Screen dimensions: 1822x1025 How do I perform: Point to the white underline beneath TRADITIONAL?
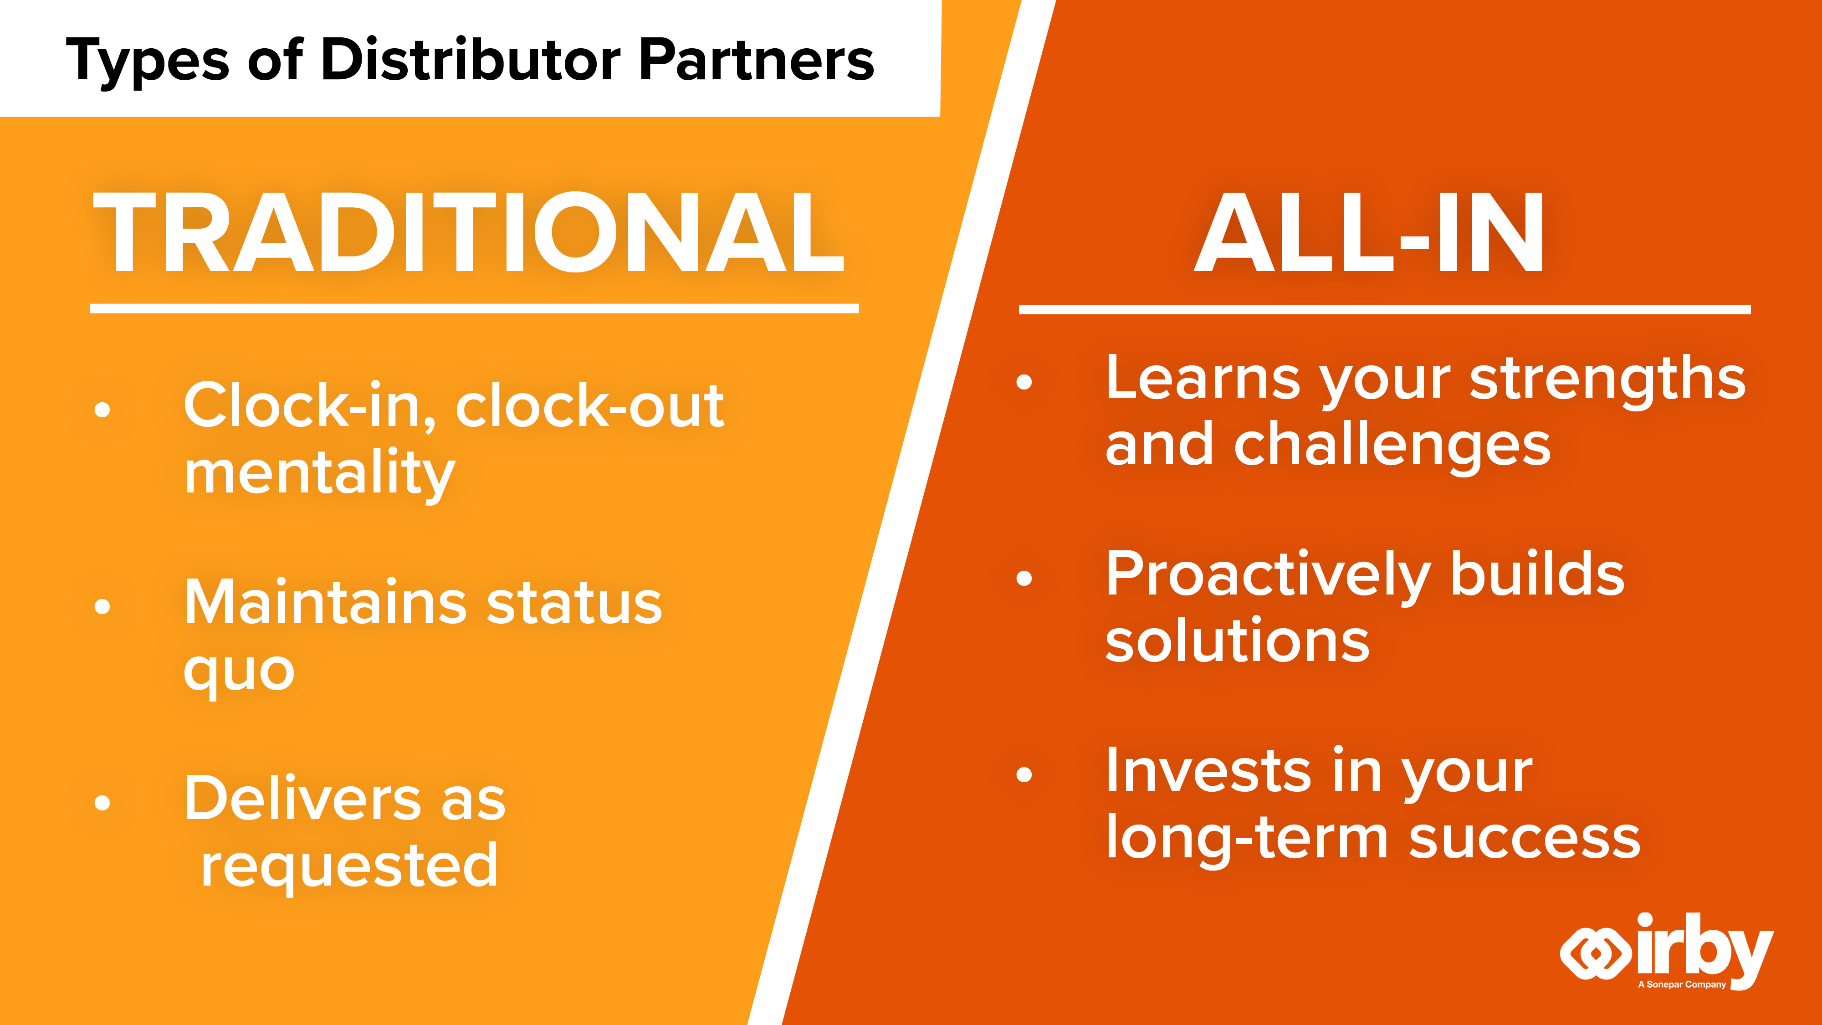coord(474,308)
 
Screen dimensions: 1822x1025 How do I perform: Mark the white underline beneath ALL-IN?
coord(1384,310)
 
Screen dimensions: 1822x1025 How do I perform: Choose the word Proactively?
coord(1268,577)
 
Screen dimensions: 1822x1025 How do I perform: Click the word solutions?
coord(1238,640)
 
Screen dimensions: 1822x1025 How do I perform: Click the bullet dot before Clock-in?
coord(102,410)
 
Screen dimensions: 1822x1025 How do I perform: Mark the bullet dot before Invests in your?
coord(1024,774)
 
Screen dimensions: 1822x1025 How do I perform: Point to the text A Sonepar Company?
coord(1682,984)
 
